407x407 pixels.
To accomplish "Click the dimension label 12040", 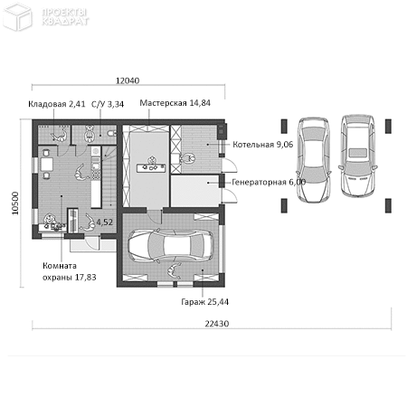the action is click(128, 80).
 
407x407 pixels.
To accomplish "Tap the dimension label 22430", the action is click(217, 324).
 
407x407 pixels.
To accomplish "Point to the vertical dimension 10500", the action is click(15, 203).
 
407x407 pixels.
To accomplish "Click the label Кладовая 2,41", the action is click(57, 104).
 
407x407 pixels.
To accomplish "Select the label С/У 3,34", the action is click(108, 104).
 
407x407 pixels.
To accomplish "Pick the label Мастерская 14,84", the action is click(175, 103).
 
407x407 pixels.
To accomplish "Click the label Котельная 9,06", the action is click(262, 145).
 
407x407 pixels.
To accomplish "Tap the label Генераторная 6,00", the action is click(269, 182).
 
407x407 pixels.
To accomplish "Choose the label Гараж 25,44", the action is click(204, 301).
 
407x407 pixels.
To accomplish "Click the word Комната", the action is click(60, 266).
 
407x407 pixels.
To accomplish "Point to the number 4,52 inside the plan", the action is click(104, 222).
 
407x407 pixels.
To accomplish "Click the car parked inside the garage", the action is click(171, 245).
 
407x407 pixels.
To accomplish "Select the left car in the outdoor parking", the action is click(313, 160).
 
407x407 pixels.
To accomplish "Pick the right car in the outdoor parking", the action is click(358, 156).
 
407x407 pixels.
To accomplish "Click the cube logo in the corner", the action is click(17, 16).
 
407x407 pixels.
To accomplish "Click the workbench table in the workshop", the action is click(151, 167).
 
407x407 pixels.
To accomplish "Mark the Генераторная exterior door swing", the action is click(231, 196).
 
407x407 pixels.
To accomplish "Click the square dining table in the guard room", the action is click(47, 165).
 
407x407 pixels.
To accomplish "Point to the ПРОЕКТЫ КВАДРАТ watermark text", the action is click(65, 16).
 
